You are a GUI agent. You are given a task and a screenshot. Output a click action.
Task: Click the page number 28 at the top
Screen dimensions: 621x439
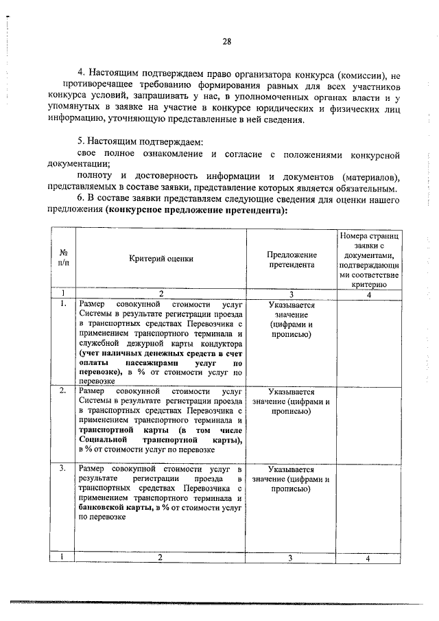[x=226, y=42]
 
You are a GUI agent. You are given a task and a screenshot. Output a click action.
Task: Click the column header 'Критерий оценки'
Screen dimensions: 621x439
[x=161, y=259]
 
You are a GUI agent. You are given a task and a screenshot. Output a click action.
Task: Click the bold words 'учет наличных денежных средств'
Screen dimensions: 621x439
[x=149, y=352]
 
